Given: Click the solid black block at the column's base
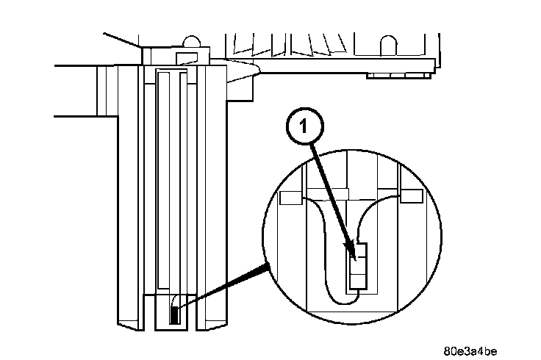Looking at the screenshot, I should [174, 315].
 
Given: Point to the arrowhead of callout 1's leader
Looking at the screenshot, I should [354, 256].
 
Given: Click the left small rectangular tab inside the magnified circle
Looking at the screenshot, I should [292, 197].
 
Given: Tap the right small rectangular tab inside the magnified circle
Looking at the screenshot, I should [412, 196].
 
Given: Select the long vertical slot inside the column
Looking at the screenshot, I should [164, 184].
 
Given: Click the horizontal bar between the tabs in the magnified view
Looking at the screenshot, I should [352, 194].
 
